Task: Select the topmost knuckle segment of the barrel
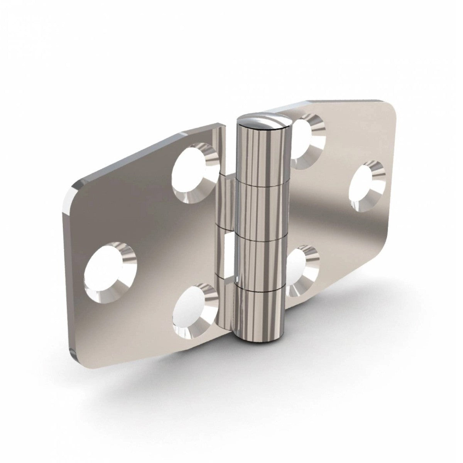[262, 154]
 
